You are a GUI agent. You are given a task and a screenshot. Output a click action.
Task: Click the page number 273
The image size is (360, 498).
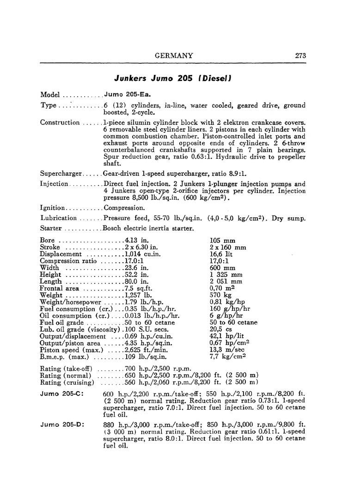click(300, 55)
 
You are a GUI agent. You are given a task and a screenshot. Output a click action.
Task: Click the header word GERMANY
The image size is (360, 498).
click(174, 55)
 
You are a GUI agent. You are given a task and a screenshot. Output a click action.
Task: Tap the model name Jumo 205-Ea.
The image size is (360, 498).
click(122, 94)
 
